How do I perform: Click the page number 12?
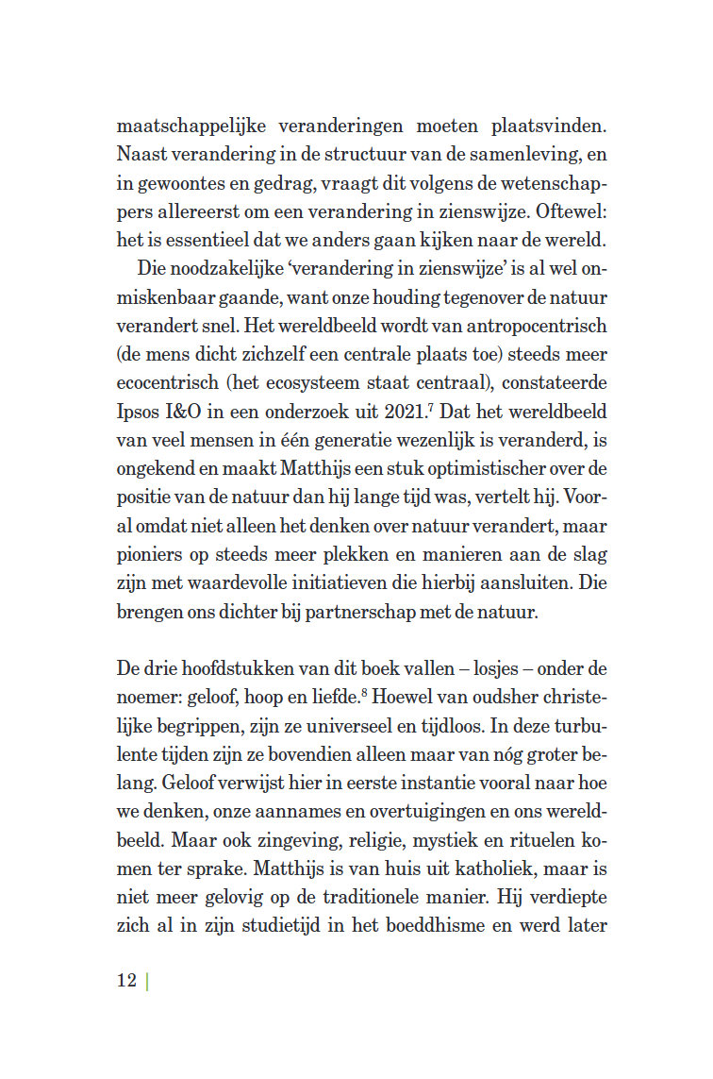click(x=126, y=980)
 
